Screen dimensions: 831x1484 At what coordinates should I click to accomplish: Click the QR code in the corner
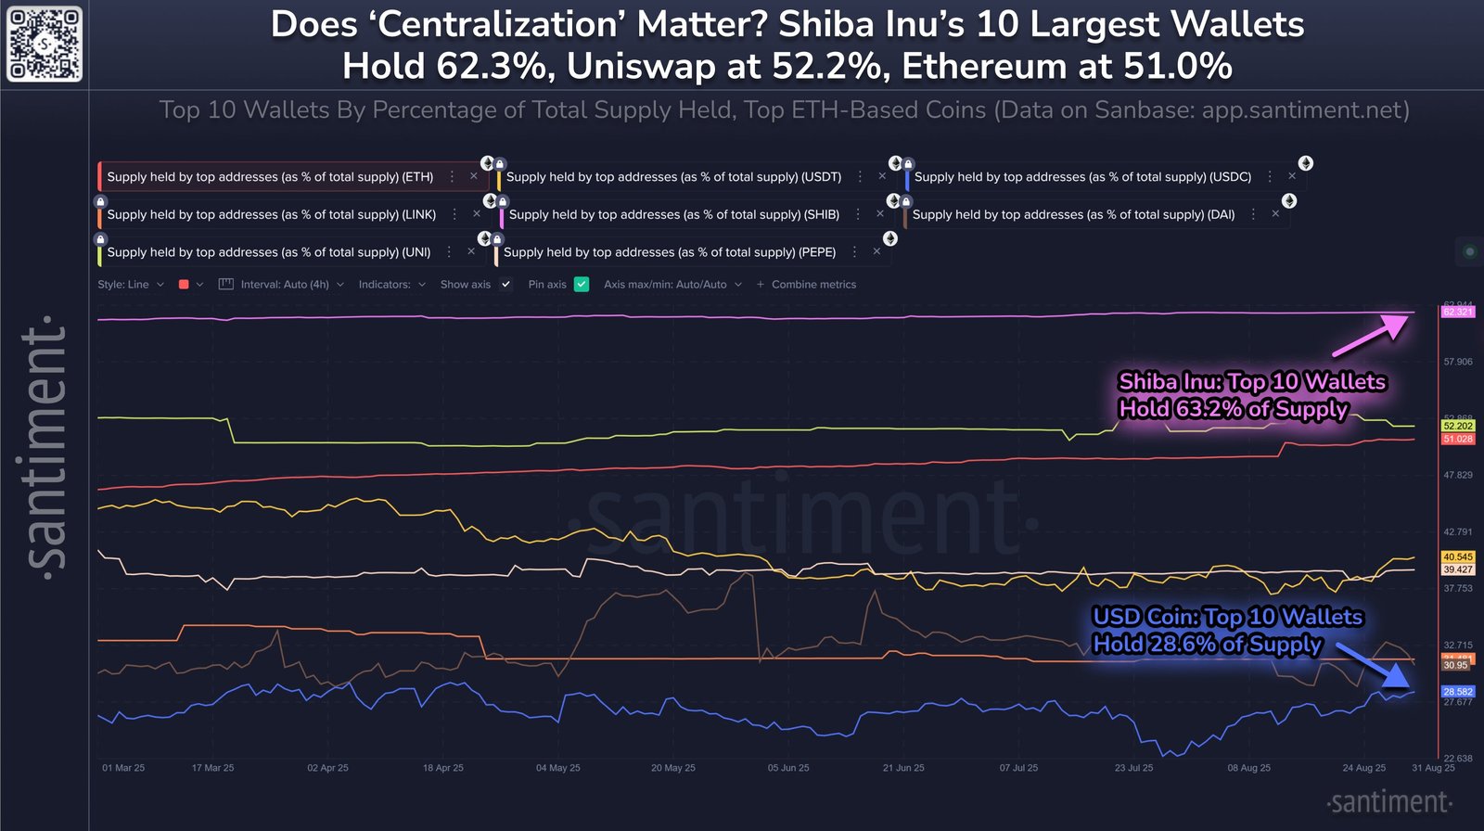[x=45, y=44]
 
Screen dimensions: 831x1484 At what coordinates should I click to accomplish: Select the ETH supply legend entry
[x=270, y=176]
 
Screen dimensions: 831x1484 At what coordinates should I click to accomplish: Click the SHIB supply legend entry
[x=673, y=214]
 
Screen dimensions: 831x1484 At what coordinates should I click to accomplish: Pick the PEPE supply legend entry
[x=669, y=252]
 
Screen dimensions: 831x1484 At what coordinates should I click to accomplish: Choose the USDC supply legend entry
[x=1081, y=176]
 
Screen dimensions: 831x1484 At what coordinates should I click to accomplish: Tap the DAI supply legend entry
[x=1073, y=214]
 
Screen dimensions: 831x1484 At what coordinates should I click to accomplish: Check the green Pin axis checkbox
[x=582, y=285]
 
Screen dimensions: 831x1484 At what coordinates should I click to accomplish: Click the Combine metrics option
[x=806, y=285]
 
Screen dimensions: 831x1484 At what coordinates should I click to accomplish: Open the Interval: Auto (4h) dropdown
[x=282, y=285]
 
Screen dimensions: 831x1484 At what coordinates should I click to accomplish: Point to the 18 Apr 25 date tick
[x=443, y=768]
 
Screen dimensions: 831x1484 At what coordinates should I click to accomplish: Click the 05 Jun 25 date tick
[x=788, y=768]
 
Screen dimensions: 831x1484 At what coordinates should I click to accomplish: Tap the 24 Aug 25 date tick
[x=1363, y=768]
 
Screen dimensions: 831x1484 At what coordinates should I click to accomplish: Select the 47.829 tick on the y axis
[x=1457, y=475]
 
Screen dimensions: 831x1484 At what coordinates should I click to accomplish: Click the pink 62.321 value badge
[x=1457, y=312]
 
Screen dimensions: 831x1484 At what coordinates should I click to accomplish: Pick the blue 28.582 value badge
[x=1457, y=692]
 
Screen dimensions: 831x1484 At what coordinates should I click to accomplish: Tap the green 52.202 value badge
[x=1457, y=426]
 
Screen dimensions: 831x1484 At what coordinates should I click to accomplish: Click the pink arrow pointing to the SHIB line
[x=1371, y=335]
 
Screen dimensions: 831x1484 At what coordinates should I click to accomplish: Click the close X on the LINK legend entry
[x=477, y=214]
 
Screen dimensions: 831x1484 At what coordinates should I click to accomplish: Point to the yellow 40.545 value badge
[x=1457, y=557]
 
